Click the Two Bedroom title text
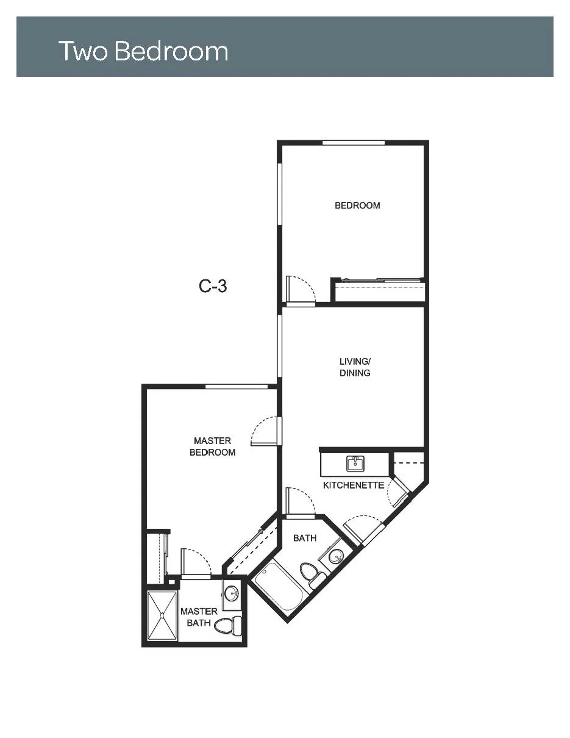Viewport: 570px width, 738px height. (x=143, y=51)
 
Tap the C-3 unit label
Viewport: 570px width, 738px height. (x=213, y=286)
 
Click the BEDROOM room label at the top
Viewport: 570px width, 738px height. (x=357, y=206)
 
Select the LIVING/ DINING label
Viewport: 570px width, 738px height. (x=355, y=367)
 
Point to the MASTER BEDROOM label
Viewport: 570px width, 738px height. (x=213, y=446)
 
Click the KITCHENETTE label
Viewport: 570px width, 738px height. (x=354, y=485)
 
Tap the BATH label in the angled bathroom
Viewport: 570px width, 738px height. (x=305, y=539)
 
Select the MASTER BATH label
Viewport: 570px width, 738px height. (x=199, y=617)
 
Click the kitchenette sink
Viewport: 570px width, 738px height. (x=355, y=464)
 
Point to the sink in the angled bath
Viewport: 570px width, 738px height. (x=335, y=557)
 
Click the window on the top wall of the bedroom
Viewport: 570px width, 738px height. (x=354, y=143)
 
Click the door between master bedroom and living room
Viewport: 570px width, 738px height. (x=264, y=431)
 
